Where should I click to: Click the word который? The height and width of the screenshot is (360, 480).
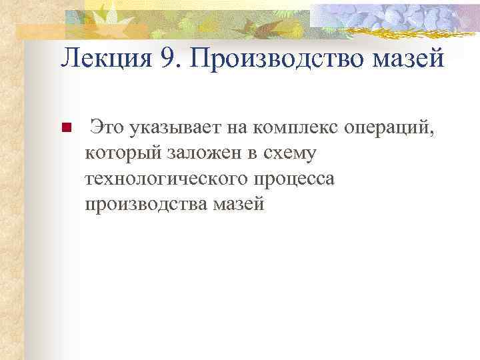coord(119,154)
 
